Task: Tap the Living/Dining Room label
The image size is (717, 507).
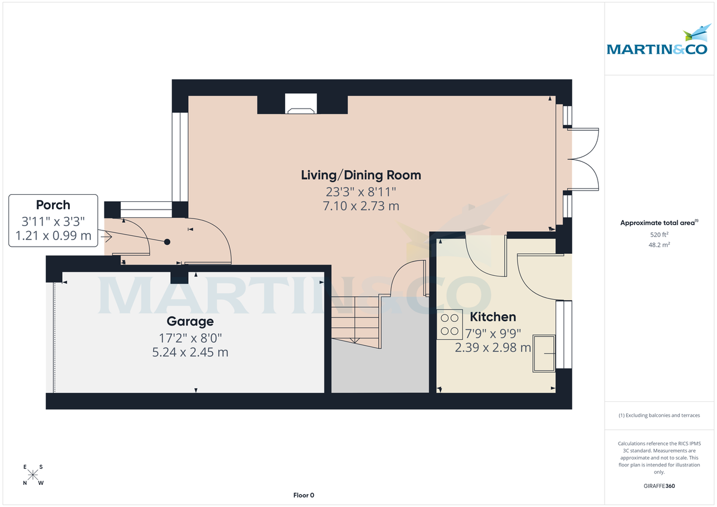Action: (360, 175)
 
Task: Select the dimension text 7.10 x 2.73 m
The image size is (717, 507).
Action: (360, 206)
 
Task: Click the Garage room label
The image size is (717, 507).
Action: (190, 322)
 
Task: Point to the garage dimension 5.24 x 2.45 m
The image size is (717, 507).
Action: (190, 352)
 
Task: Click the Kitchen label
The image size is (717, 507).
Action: (492, 317)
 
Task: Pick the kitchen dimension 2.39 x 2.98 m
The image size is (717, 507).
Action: (492, 348)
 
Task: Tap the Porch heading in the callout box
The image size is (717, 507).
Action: (53, 205)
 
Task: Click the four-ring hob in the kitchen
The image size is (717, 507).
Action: (449, 325)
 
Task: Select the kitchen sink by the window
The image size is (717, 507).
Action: (543, 353)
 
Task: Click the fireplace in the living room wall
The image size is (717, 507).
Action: (302, 104)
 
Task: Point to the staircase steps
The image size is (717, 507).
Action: (355, 319)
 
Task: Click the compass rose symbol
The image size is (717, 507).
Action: (33, 475)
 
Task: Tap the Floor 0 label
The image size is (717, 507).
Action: (304, 495)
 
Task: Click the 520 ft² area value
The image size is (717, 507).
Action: (660, 235)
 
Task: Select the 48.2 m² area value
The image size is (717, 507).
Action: (660, 245)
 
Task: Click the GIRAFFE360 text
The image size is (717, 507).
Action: (660, 486)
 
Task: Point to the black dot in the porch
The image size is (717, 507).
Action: (167, 242)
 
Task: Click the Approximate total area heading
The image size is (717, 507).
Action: (659, 223)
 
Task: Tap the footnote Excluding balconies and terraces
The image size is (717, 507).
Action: (660, 415)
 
